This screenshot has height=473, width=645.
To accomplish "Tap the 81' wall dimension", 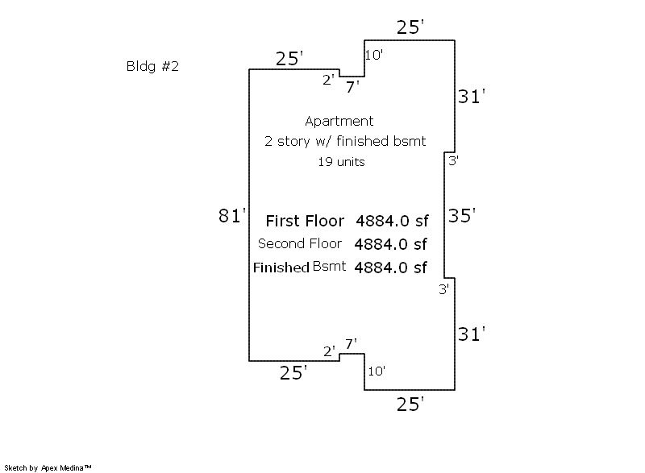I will point(231,216).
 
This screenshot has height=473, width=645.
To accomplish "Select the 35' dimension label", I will point(463,216).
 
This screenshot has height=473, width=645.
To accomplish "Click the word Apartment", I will point(339,122).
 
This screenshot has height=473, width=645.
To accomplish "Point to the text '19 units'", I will point(341,162).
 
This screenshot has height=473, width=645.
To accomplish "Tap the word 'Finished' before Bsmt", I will point(281,268).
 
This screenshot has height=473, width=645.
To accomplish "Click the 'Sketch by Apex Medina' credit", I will point(48,467).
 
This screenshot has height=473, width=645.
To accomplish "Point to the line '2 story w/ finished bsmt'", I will point(345,142).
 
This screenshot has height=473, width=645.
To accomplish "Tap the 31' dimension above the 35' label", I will point(472,97).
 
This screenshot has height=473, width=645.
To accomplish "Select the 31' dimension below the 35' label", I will point(472,333).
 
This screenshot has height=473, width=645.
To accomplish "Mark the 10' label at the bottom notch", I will point(377,371).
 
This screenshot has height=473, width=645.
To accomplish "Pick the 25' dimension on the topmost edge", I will point(410,28).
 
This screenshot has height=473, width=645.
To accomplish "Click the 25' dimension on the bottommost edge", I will point(410,404).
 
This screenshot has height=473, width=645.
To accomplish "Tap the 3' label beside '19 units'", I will point(454,161).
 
